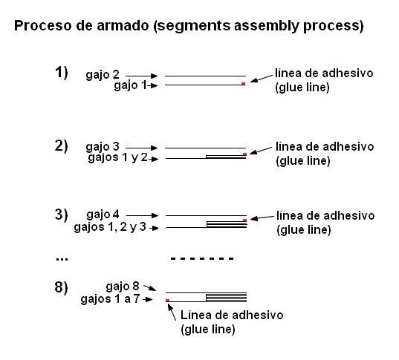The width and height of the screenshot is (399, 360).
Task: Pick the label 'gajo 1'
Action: click(x=130, y=86)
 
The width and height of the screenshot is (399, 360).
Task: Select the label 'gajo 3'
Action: click(x=103, y=147)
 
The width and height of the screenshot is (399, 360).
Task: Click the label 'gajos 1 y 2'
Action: click(x=112, y=158)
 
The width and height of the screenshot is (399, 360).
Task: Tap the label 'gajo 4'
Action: click(x=103, y=215)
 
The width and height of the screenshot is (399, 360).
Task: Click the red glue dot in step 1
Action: click(x=243, y=84)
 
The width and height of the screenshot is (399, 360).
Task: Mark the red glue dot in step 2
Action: click(x=244, y=154)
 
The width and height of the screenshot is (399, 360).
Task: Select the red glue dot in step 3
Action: click(x=244, y=220)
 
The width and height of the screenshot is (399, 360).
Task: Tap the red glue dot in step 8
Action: click(x=168, y=301)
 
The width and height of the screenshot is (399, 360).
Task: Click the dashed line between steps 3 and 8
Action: click(x=202, y=259)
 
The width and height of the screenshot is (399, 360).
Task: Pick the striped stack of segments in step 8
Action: click(x=226, y=296)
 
